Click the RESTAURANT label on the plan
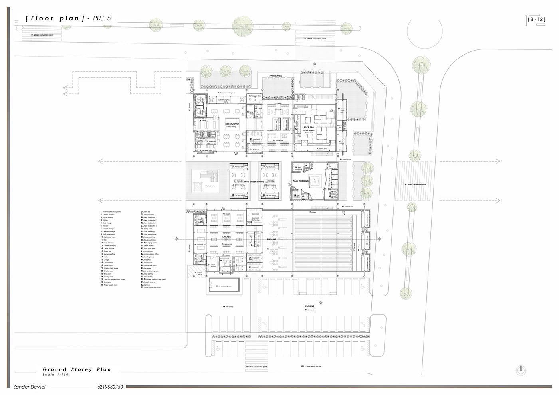tap(232, 124)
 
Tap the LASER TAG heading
tap(308, 128)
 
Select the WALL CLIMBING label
tap(301, 181)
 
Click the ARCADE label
tap(226, 237)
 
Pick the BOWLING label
tap(272, 239)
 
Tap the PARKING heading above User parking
tap(310, 306)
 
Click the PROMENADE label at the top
tap(276, 76)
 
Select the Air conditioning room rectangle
tap(224, 286)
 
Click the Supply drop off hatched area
tap(199, 273)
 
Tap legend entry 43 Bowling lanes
tap(148, 257)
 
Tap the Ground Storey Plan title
tap(77, 369)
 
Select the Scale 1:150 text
tap(56, 375)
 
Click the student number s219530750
tap(110, 387)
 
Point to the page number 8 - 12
tap(535, 19)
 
